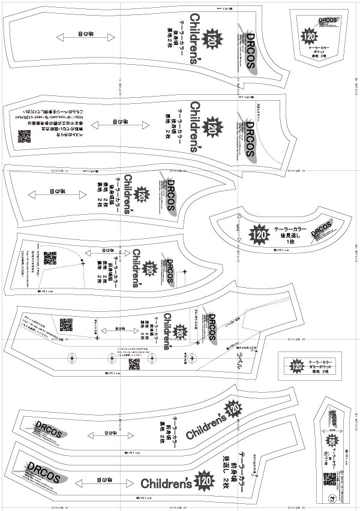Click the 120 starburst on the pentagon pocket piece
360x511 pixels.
[310, 36]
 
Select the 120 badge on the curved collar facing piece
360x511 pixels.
[260, 233]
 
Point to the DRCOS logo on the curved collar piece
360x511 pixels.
[322, 231]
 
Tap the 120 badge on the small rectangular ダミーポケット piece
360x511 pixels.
[295, 365]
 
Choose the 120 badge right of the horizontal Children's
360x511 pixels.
[205, 480]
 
